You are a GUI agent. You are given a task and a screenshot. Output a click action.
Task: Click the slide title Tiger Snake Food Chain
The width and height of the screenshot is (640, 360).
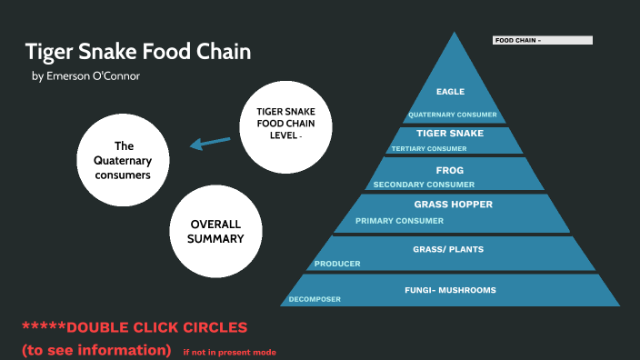[137, 51]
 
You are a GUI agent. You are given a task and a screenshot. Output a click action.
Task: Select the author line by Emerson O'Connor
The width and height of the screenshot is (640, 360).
[85, 76]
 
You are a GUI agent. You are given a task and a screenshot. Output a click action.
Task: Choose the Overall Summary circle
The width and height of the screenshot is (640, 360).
[216, 231]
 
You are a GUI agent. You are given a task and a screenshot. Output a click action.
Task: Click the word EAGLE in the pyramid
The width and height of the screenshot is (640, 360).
[450, 92]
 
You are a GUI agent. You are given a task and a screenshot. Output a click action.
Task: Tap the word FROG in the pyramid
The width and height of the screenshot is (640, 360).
[450, 170]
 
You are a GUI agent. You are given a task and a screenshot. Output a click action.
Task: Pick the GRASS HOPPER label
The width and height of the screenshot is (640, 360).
[453, 205]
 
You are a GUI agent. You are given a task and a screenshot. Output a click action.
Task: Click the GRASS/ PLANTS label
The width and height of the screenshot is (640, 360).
[448, 248]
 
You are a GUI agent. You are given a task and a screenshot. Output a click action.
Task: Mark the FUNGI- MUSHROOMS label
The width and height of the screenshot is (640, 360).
[450, 290]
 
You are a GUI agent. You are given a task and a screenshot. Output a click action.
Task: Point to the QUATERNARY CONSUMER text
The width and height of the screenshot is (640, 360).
[452, 115]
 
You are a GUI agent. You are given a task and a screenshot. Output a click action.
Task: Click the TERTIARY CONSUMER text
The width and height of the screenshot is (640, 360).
[428, 148]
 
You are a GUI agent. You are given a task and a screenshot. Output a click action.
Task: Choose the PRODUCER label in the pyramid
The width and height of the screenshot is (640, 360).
[337, 264]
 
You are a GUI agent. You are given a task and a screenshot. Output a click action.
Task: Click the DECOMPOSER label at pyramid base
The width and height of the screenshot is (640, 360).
[315, 299]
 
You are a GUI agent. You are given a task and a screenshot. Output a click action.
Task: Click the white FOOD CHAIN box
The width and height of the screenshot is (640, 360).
[542, 40]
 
